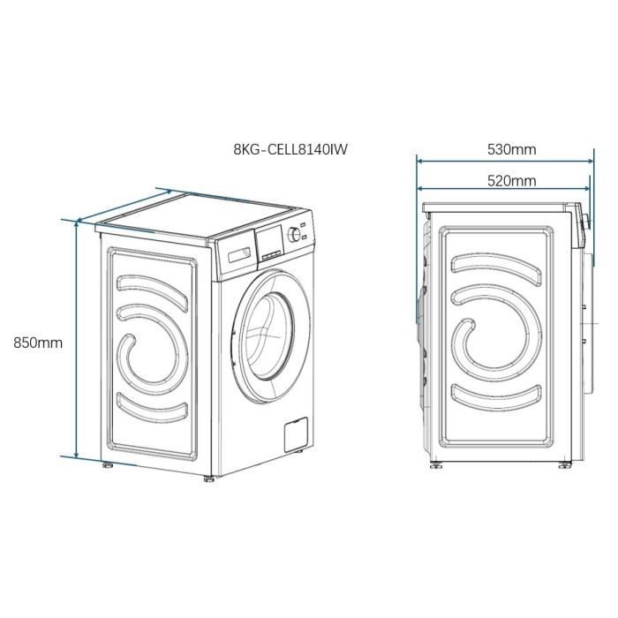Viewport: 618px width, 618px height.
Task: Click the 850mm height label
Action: (37, 343)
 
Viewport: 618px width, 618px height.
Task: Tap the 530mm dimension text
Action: (511, 149)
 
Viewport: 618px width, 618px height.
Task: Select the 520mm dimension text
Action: (511, 180)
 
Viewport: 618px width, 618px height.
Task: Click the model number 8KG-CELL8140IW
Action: (290, 149)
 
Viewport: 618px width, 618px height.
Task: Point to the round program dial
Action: (295, 235)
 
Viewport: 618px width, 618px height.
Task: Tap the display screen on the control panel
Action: (269, 238)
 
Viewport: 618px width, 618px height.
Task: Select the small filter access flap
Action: (293, 434)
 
